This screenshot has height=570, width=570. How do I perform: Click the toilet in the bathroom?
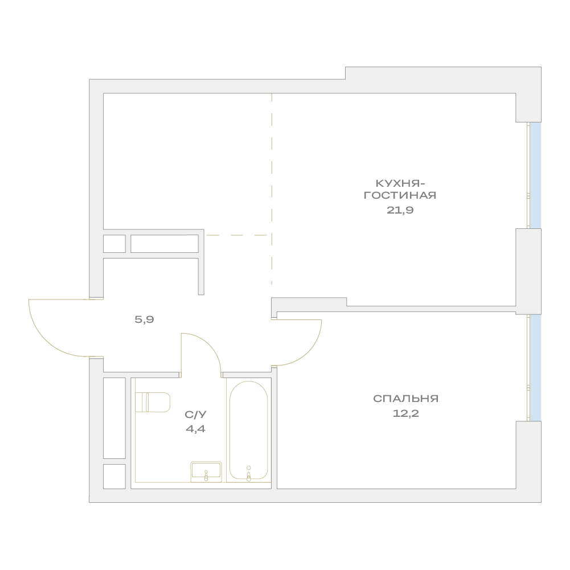click(153, 402)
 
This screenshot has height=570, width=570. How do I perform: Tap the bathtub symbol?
click(249, 430)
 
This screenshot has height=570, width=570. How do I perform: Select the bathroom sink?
click(206, 472)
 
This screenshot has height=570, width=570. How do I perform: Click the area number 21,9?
click(400, 210)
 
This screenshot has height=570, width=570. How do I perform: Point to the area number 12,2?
click(405, 413)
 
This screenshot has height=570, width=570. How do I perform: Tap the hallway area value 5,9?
click(144, 319)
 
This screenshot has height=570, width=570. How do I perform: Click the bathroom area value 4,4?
click(195, 429)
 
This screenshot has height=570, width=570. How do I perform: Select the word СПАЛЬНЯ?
click(405, 399)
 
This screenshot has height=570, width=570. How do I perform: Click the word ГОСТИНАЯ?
click(400, 195)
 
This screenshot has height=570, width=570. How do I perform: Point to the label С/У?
click(195, 415)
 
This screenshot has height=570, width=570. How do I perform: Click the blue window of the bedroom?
click(535, 367)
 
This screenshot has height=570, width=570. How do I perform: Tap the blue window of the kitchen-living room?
click(535, 175)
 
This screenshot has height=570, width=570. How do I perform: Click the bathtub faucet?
click(249, 474)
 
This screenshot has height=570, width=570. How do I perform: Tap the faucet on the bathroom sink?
click(206, 475)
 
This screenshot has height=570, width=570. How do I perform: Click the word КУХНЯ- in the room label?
click(400, 183)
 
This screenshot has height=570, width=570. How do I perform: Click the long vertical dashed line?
click(272, 188)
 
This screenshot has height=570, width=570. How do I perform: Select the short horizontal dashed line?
click(237, 235)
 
